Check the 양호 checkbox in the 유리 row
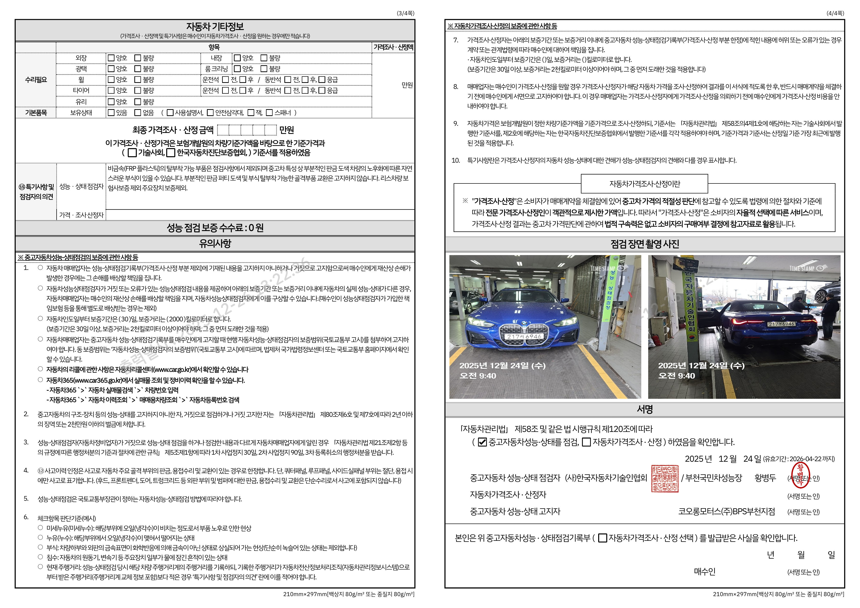[x=111, y=102]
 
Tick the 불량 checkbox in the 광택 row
[x=138, y=69]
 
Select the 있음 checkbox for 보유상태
[x=111, y=112]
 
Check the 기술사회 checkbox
[x=132, y=153]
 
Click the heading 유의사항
[x=215, y=244]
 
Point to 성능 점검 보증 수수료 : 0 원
[x=215, y=228]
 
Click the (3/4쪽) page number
[x=405, y=13]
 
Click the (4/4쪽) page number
[x=835, y=13]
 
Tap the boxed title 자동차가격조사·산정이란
[x=644, y=183]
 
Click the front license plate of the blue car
[x=524, y=336]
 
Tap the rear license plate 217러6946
[x=781, y=324]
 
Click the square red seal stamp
[x=665, y=479]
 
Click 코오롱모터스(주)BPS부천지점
[x=726, y=511]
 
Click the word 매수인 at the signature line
[x=705, y=571]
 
